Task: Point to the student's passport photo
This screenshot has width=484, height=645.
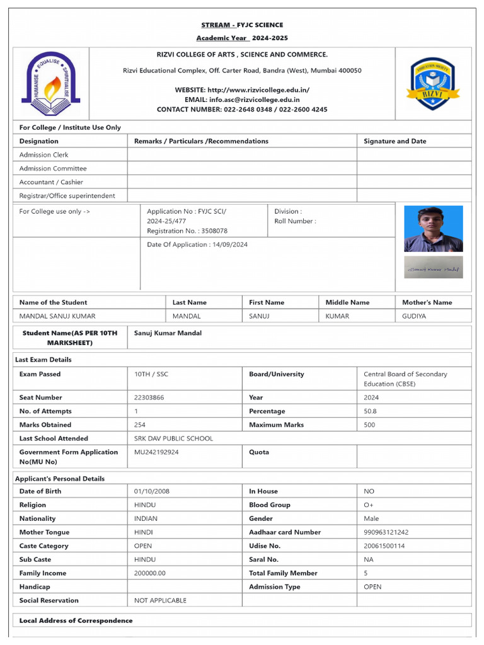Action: [433, 229]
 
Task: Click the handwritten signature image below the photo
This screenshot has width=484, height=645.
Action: [433, 268]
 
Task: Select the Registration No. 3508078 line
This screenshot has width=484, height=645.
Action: [187, 231]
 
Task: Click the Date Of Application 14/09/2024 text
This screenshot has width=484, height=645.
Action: [197, 244]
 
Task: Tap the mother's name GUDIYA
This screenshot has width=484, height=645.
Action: [414, 316]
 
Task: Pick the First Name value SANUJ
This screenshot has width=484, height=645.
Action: [259, 316]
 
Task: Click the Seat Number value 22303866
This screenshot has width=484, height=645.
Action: [151, 397]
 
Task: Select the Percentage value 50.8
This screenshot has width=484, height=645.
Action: [371, 411]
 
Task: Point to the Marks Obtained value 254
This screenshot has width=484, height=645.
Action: [140, 425]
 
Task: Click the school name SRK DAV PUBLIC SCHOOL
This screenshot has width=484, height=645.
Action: [174, 438]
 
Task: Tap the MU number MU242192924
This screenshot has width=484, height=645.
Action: [156, 452]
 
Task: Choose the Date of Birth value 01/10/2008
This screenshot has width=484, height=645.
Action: [152, 491]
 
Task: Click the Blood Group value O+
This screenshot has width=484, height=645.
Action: [369, 505]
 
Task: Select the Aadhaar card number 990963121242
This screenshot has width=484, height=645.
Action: [386, 532]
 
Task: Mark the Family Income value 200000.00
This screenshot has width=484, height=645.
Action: [150, 573]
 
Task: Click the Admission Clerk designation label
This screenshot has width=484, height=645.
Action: [44, 155]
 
